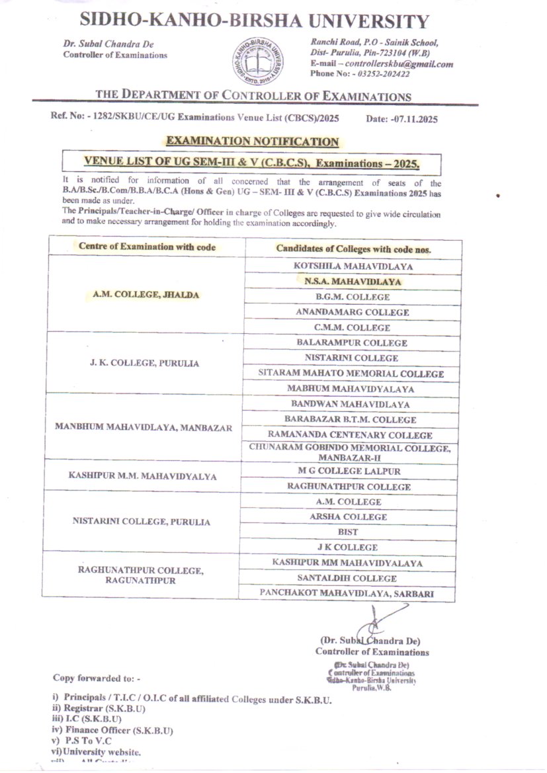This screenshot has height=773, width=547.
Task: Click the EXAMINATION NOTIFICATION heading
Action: click(253, 142)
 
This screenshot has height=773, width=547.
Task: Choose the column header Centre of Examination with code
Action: click(147, 247)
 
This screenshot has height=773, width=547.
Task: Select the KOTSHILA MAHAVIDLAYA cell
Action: click(353, 266)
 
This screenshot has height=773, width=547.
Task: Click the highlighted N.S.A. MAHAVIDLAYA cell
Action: click(353, 282)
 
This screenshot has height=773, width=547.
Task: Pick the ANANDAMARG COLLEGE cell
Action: click(353, 312)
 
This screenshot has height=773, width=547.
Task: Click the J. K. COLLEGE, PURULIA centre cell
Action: click(145, 364)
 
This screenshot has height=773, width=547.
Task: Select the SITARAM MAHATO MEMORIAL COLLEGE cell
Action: click(352, 374)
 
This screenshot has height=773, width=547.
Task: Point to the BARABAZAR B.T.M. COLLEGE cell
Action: click(351, 419)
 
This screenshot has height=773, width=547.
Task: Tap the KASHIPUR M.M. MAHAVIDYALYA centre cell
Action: click(143, 476)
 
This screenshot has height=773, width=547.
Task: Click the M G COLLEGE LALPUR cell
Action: click(349, 470)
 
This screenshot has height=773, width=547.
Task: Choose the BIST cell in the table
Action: click(348, 532)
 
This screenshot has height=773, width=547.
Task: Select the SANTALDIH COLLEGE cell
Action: click(347, 578)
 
